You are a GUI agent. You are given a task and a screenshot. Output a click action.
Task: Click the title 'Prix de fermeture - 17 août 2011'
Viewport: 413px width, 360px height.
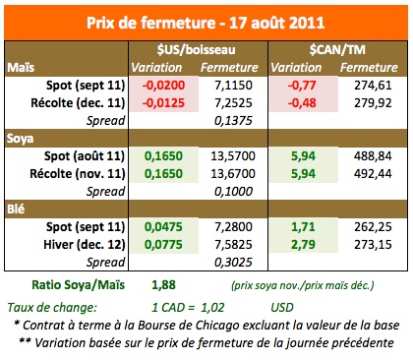click(x=206, y=21)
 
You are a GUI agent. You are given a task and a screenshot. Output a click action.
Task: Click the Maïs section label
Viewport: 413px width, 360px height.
click(x=23, y=67)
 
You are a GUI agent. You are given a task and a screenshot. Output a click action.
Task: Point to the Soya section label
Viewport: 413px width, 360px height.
click(x=24, y=137)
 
